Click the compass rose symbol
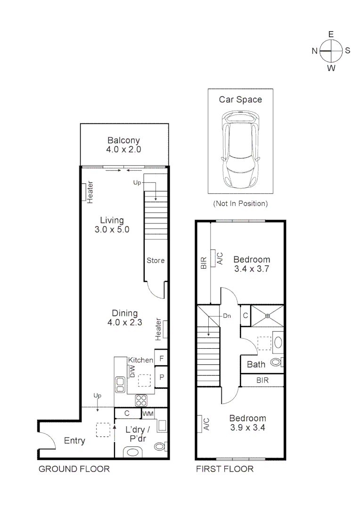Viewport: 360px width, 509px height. click(x=331, y=51)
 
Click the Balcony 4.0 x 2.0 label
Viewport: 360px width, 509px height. click(x=124, y=145)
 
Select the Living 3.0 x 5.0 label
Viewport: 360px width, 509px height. click(x=112, y=225)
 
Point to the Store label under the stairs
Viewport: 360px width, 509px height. click(x=155, y=260)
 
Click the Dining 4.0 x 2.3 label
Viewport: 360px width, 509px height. click(x=124, y=318)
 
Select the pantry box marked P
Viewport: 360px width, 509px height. click(x=161, y=378)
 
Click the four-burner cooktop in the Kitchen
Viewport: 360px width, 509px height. click(x=141, y=400)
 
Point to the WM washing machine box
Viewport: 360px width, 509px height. click(x=148, y=414)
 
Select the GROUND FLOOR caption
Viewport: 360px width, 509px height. click(x=74, y=469)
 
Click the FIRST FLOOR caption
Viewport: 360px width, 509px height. click(x=225, y=469)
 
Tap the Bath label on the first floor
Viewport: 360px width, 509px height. click(x=256, y=364)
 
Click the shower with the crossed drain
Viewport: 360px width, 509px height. click(x=267, y=315)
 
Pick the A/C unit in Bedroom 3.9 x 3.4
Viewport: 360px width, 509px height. click(x=200, y=424)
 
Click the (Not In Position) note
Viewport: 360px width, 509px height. click(x=240, y=204)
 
